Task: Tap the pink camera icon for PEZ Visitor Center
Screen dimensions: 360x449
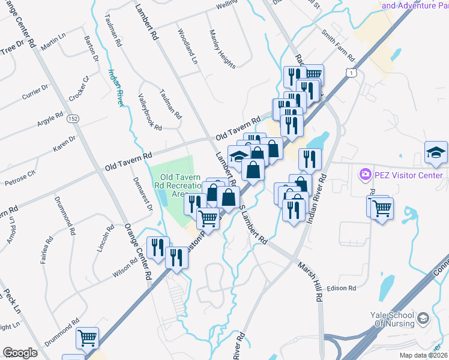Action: point(364,175)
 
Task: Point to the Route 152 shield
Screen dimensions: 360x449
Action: point(73,118)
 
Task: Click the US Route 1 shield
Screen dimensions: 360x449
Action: point(353,72)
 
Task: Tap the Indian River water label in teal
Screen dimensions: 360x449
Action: point(116,88)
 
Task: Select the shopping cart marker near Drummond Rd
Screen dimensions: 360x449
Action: point(88,338)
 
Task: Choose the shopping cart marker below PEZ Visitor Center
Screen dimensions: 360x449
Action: point(382,208)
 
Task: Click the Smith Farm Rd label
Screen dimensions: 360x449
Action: point(338,46)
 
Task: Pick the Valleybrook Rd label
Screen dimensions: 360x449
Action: point(150,112)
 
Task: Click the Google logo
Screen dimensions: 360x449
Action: point(20,353)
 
